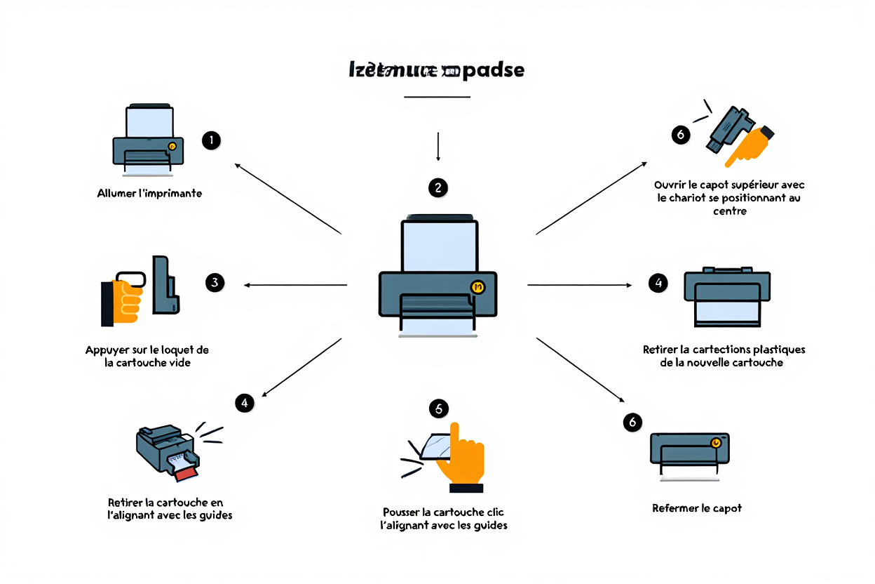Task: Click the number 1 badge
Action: (x=211, y=140)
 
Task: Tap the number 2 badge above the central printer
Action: (x=438, y=187)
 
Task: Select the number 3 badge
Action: (x=215, y=283)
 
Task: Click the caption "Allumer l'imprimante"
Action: (x=149, y=193)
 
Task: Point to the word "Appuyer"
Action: (x=107, y=350)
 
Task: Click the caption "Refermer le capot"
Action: (x=697, y=507)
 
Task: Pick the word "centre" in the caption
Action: (x=729, y=211)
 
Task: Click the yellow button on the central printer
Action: (x=478, y=286)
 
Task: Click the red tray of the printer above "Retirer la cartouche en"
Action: (x=186, y=474)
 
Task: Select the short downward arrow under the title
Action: (x=438, y=146)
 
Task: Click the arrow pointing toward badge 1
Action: (x=287, y=199)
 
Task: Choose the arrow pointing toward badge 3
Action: (x=294, y=285)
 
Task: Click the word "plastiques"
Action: (x=778, y=349)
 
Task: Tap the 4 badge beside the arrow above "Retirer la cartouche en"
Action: (x=244, y=403)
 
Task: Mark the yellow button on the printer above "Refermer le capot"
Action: (x=715, y=443)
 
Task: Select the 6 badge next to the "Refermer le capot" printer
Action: (x=632, y=422)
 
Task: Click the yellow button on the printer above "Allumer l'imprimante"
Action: (x=172, y=146)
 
